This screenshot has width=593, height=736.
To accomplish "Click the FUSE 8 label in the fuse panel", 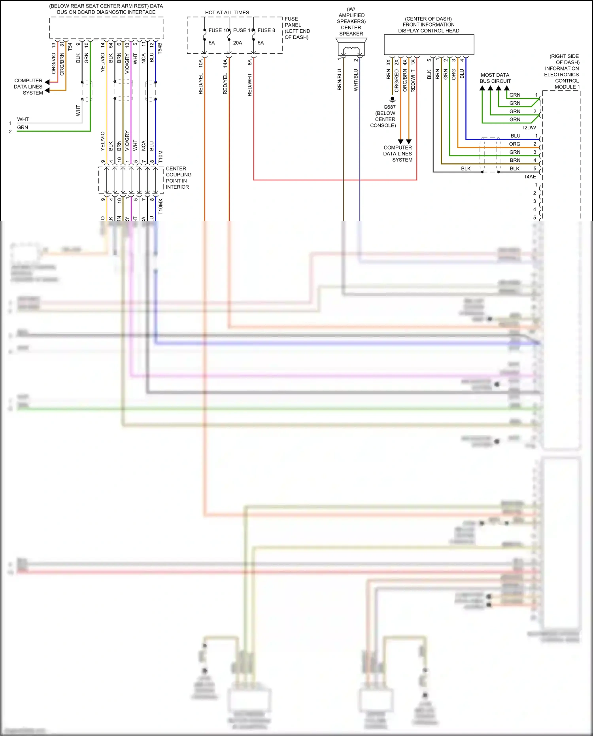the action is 266,30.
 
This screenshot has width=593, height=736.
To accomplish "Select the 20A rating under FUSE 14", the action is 237,43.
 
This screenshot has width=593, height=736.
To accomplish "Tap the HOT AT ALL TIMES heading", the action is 227,13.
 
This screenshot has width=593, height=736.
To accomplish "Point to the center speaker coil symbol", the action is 351,50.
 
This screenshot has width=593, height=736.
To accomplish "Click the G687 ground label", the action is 389,107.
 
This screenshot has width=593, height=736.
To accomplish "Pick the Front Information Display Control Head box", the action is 429,44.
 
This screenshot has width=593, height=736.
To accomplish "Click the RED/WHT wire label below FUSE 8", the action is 250,85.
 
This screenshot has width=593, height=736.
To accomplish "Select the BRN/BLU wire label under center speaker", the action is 340,79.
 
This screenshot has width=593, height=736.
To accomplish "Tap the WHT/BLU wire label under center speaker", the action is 356,80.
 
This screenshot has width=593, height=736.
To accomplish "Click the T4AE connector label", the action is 530,177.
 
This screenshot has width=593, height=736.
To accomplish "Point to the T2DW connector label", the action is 529,128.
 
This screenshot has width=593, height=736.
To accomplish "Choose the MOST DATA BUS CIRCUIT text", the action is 495,78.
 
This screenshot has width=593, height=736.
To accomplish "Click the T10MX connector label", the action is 161,206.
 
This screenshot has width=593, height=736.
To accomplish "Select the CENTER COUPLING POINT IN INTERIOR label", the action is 178,178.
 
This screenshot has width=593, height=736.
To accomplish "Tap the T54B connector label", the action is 160,48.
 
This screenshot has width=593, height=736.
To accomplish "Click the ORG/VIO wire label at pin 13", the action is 54,63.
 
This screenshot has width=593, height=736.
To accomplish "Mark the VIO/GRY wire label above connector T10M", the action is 127,140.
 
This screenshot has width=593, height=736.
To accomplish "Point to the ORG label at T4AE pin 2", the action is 514,144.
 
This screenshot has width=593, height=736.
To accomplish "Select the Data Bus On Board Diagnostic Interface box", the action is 106,28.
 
